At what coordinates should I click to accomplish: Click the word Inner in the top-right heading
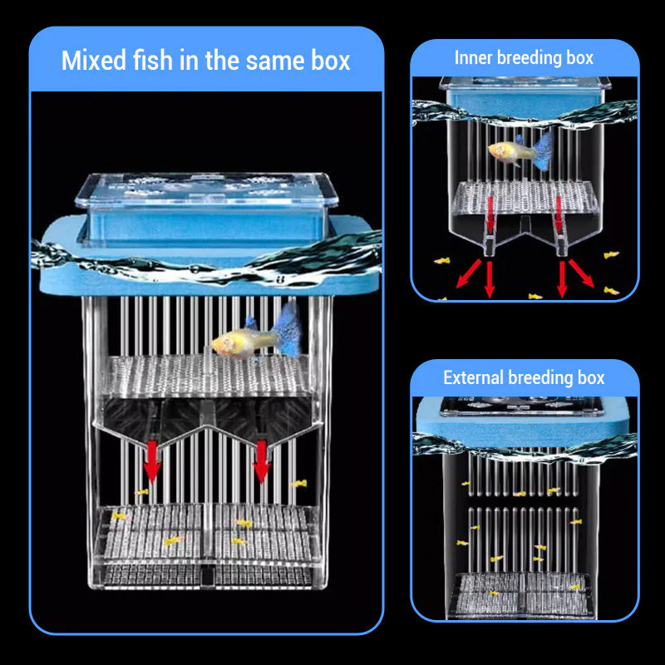(x=475, y=58)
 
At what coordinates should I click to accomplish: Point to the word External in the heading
(x=474, y=378)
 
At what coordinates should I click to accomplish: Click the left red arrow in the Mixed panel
(x=151, y=461)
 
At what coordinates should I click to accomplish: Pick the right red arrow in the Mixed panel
(x=261, y=461)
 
